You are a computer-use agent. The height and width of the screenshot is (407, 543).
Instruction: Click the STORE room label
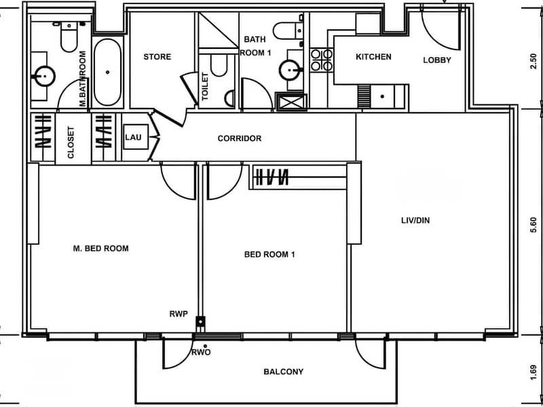pyautogui.click(x=157, y=57)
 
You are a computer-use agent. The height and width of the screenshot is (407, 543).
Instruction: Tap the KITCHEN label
pyautogui.click(x=374, y=57)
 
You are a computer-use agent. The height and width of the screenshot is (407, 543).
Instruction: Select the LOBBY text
pyautogui.click(x=437, y=60)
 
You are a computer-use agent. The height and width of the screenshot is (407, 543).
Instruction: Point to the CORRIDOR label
pyautogui.click(x=240, y=138)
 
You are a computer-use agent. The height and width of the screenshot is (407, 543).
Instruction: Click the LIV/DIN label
pyautogui.click(x=415, y=220)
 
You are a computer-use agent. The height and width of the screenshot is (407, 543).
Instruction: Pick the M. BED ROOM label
pyautogui.click(x=100, y=248)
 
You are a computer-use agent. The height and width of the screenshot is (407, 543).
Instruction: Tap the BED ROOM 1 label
pyautogui.click(x=269, y=255)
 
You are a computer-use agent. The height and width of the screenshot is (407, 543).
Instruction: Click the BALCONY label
pyautogui.click(x=283, y=372)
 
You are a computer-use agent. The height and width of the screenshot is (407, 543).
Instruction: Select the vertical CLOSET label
pyautogui.click(x=71, y=142)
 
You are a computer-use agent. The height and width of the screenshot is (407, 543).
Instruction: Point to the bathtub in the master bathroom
pyautogui.click(x=107, y=73)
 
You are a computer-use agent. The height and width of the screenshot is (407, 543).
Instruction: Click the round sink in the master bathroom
pyautogui.click(x=43, y=76)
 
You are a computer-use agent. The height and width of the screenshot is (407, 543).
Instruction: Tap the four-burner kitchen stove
pyautogui.click(x=321, y=60)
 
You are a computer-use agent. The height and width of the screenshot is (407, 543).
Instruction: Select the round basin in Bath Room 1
pyautogui.click(x=290, y=71)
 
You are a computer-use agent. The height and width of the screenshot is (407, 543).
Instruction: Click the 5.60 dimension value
pyautogui.click(x=533, y=225)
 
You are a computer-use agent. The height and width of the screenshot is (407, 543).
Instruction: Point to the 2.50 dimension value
pyautogui.click(x=533, y=61)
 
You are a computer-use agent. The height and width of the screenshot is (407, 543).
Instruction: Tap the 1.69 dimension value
pyautogui.click(x=533, y=372)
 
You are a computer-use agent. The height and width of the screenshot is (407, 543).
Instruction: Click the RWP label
pyautogui.click(x=179, y=314)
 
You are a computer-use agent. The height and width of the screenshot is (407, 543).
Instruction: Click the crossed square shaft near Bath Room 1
pyautogui.click(x=291, y=102)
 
